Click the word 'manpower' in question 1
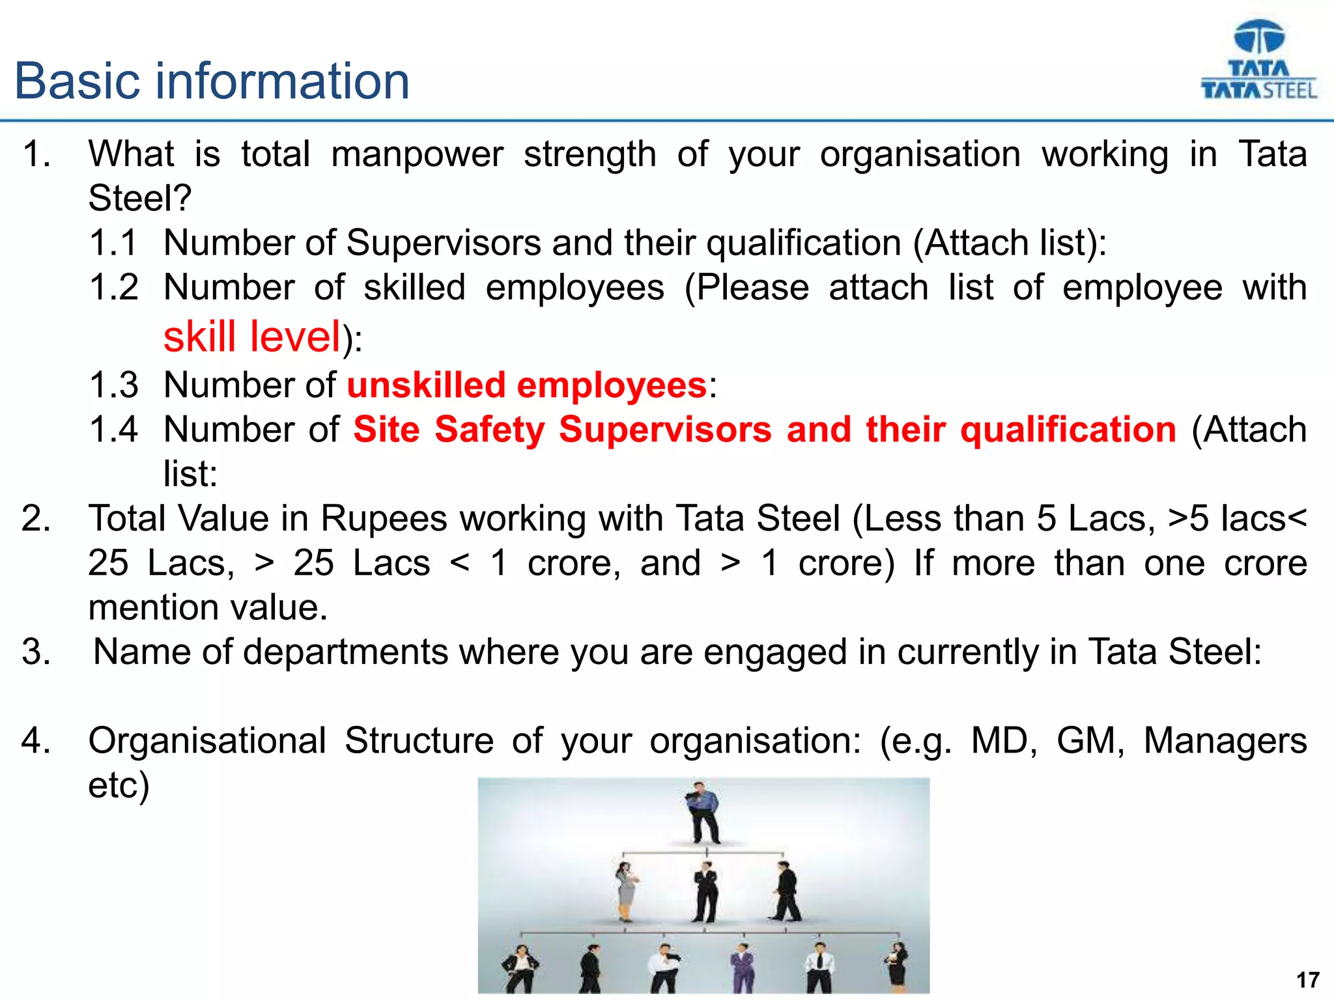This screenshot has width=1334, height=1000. [417, 155]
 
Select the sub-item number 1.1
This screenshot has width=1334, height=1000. [113, 243]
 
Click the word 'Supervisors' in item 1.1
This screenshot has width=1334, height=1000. [443, 243]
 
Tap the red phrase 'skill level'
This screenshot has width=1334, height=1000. [252, 337]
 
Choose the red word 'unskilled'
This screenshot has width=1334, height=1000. [426, 385]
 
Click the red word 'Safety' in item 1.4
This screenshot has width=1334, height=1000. [489, 430]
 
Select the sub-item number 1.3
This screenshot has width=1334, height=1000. [113, 385]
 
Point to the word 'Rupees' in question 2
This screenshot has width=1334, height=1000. [384, 519]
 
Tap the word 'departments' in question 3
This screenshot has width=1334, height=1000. [346, 652]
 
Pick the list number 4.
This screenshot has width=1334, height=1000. [36, 741]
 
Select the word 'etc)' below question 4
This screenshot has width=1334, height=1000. [119, 785]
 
